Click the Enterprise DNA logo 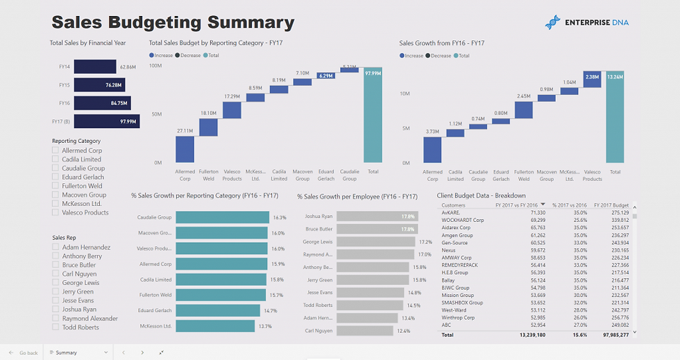point(586,23)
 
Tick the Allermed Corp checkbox point(56,151)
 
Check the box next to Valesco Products point(56,212)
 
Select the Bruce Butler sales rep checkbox point(56,265)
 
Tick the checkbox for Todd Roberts point(56,327)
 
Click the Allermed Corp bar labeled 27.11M point(185,149)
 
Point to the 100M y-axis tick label point(155,66)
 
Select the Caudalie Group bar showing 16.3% point(222,217)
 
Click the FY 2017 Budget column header point(611,205)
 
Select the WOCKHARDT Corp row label point(461,220)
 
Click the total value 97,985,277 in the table point(611,334)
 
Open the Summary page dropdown point(106,352)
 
